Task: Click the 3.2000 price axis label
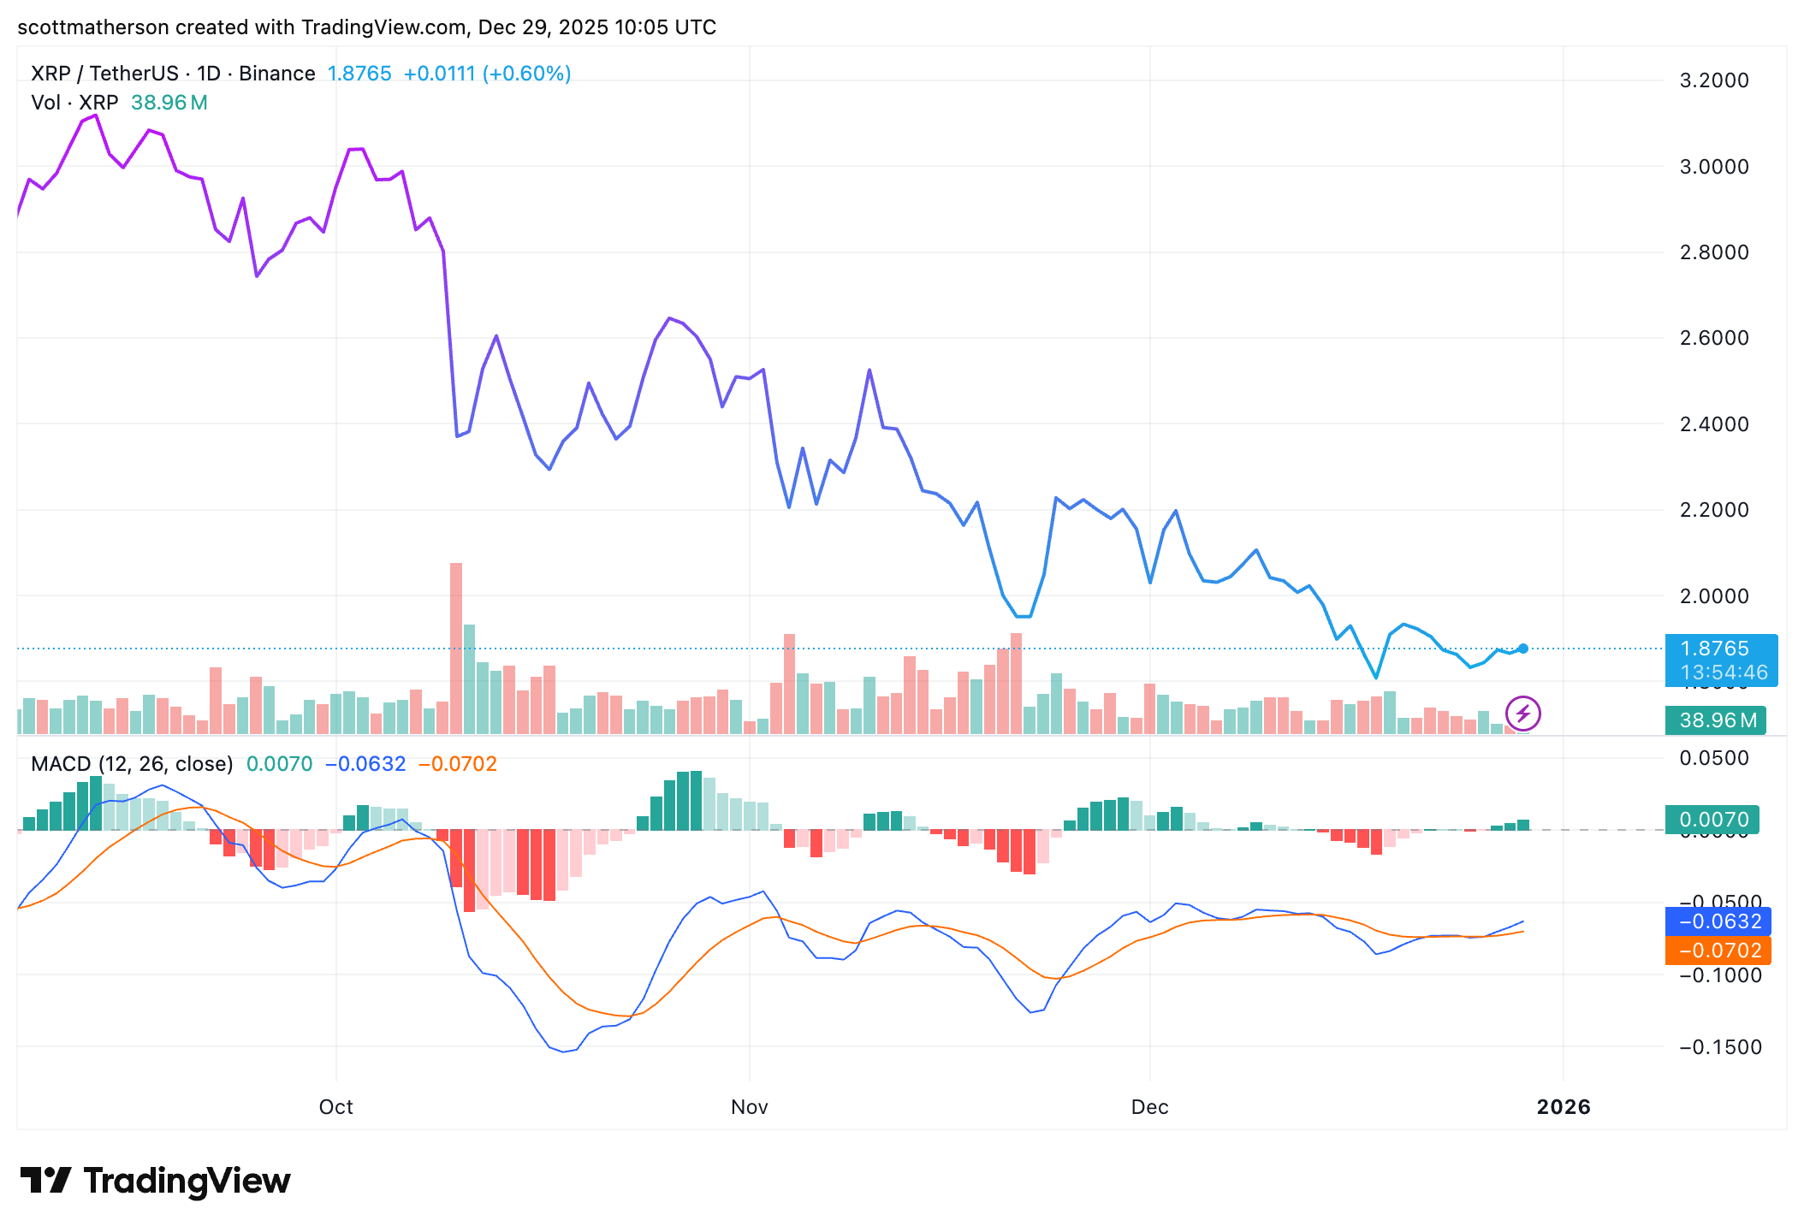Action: (x=1713, y=80)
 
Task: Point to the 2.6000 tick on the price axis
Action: (x=1713, y=338)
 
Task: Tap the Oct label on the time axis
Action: (x=335, y=1107)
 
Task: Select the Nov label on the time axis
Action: (x=749, y=1107)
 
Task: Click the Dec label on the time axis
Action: (x=1149, y=1107)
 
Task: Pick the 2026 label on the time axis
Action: (x=1563, y=1107)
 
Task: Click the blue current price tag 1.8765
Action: (x=1720, y=649)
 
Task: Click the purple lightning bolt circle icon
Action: (x=1523, y=714)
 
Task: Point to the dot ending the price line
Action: (x=1523, y=649)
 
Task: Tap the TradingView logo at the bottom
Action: (x=156, y=1181)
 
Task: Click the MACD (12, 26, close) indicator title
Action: (x=132, y=764)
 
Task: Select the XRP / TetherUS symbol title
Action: (x=104, y=74)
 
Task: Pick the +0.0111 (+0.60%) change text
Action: (x=487, y=74)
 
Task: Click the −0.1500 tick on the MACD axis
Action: (x=1720, y=1047)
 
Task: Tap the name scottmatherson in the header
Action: (x=92, y=27)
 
